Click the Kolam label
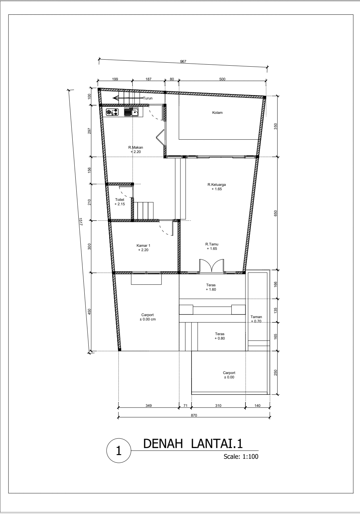point(217,113)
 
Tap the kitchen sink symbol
point(132,112)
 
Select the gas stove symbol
point(113,112)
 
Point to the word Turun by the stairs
point(148,98)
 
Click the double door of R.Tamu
point(212,266)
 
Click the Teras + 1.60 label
point(211,287)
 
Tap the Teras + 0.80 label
point(220,336)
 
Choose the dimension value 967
point(183,62)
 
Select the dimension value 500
point(222,79)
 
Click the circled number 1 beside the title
point(119,451)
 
